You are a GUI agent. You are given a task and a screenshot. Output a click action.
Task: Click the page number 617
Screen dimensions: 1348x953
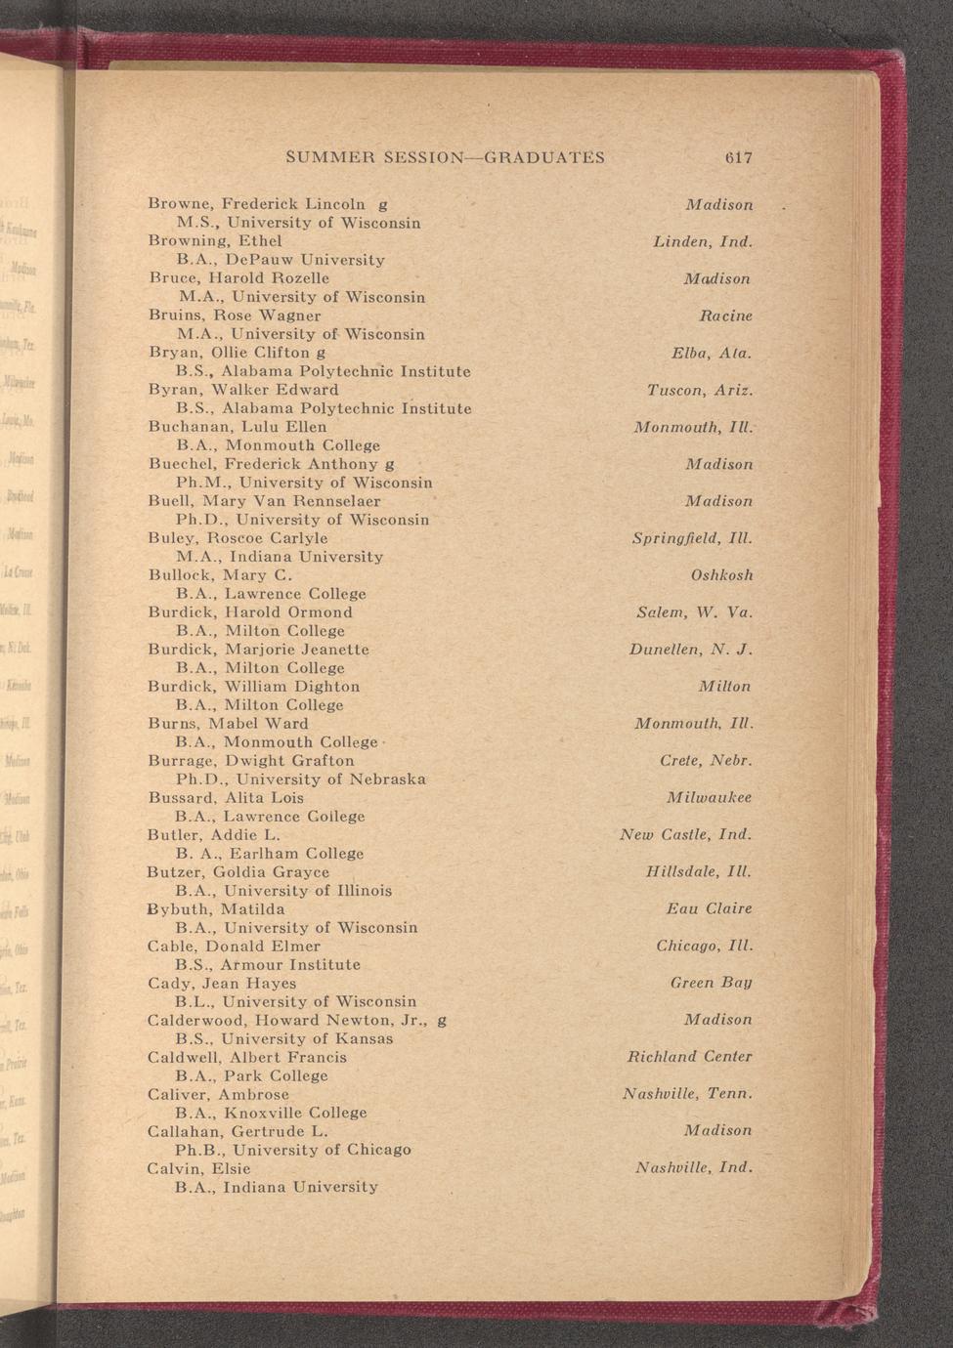coord(738,157)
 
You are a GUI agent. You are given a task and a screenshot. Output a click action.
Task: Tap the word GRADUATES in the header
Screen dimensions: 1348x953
coord(544,157)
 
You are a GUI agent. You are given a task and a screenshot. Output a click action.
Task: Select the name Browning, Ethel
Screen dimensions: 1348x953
coord(215,241)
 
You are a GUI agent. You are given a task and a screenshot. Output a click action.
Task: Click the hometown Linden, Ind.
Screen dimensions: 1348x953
coord(703,241)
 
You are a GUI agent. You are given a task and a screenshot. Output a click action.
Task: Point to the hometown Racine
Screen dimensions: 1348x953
coord(725,316)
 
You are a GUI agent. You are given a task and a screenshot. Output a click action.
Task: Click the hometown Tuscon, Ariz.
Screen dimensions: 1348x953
coord(700,390)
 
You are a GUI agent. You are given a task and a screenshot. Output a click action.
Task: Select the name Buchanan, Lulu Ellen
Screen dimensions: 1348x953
coord(238,427)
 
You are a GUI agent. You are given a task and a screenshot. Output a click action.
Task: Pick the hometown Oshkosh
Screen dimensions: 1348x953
coord(721,575)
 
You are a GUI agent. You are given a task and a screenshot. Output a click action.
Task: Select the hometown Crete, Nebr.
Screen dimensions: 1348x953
coord(706,761)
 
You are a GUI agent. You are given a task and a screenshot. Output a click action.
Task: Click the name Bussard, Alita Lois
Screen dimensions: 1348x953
coord(226,798)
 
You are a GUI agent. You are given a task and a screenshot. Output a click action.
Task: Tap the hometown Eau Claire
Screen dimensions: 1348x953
coord(709,909)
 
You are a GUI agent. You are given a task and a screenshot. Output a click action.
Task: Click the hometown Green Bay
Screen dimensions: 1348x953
coord(711,983)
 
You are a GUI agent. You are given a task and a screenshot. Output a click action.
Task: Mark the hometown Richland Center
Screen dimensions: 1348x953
coord(689,1057)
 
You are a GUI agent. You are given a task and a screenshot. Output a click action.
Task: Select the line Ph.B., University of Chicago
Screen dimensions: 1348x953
coord(292,1150)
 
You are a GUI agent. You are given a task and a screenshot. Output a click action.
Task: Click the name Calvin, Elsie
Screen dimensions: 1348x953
coord(198,1168)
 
